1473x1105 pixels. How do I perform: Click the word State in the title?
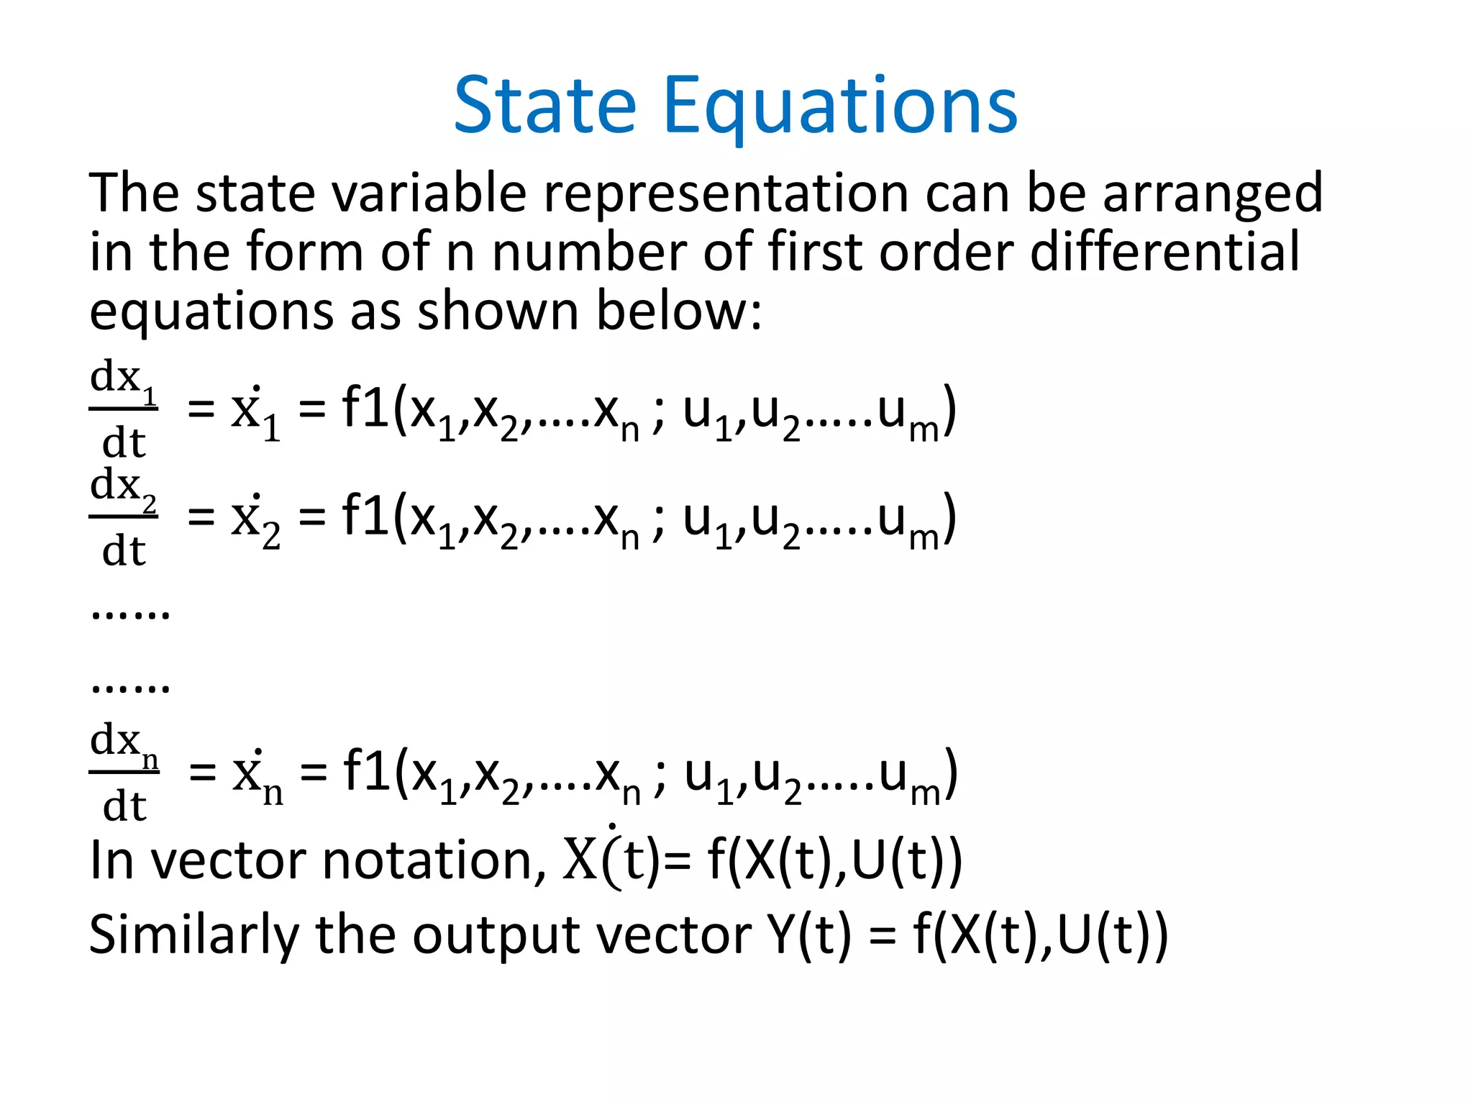544,106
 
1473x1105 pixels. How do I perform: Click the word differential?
1164,252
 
